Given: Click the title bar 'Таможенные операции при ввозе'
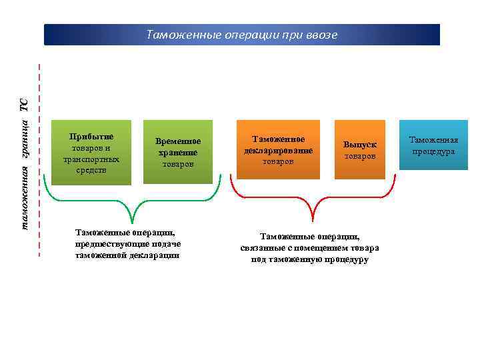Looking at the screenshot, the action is pos(242,35).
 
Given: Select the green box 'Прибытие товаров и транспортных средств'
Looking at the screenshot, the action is pos(91,151).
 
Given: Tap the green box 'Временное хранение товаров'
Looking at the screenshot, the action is pos(177,152).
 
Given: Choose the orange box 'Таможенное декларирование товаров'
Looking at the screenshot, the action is pos(278,149).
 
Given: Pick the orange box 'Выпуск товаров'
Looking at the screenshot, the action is pos(360,149).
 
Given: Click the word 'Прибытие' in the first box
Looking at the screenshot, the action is pos(91,137).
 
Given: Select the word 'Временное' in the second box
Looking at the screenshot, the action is pos(178,141).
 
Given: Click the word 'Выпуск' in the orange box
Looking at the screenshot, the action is pos(360,144).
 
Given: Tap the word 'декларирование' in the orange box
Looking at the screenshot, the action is pos(278,150).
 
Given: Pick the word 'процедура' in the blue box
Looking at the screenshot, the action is pos(433,152).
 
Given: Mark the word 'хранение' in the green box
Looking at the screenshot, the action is pos(178,153).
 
